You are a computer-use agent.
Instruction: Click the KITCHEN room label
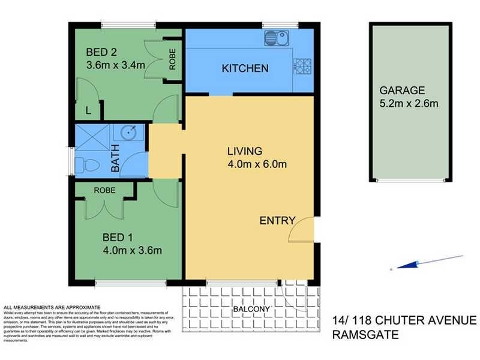245,68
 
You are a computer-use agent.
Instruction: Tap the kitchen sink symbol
277,38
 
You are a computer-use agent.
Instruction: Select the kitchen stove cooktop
301,64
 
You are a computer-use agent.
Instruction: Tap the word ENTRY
277,221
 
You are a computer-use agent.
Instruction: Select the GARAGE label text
401,91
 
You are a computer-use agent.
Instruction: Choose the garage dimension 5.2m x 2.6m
409,103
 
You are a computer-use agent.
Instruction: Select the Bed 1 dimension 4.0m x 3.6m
133,250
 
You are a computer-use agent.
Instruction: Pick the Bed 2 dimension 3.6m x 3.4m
116,65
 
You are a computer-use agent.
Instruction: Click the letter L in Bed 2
89,110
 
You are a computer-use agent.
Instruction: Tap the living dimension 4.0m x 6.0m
256,163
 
